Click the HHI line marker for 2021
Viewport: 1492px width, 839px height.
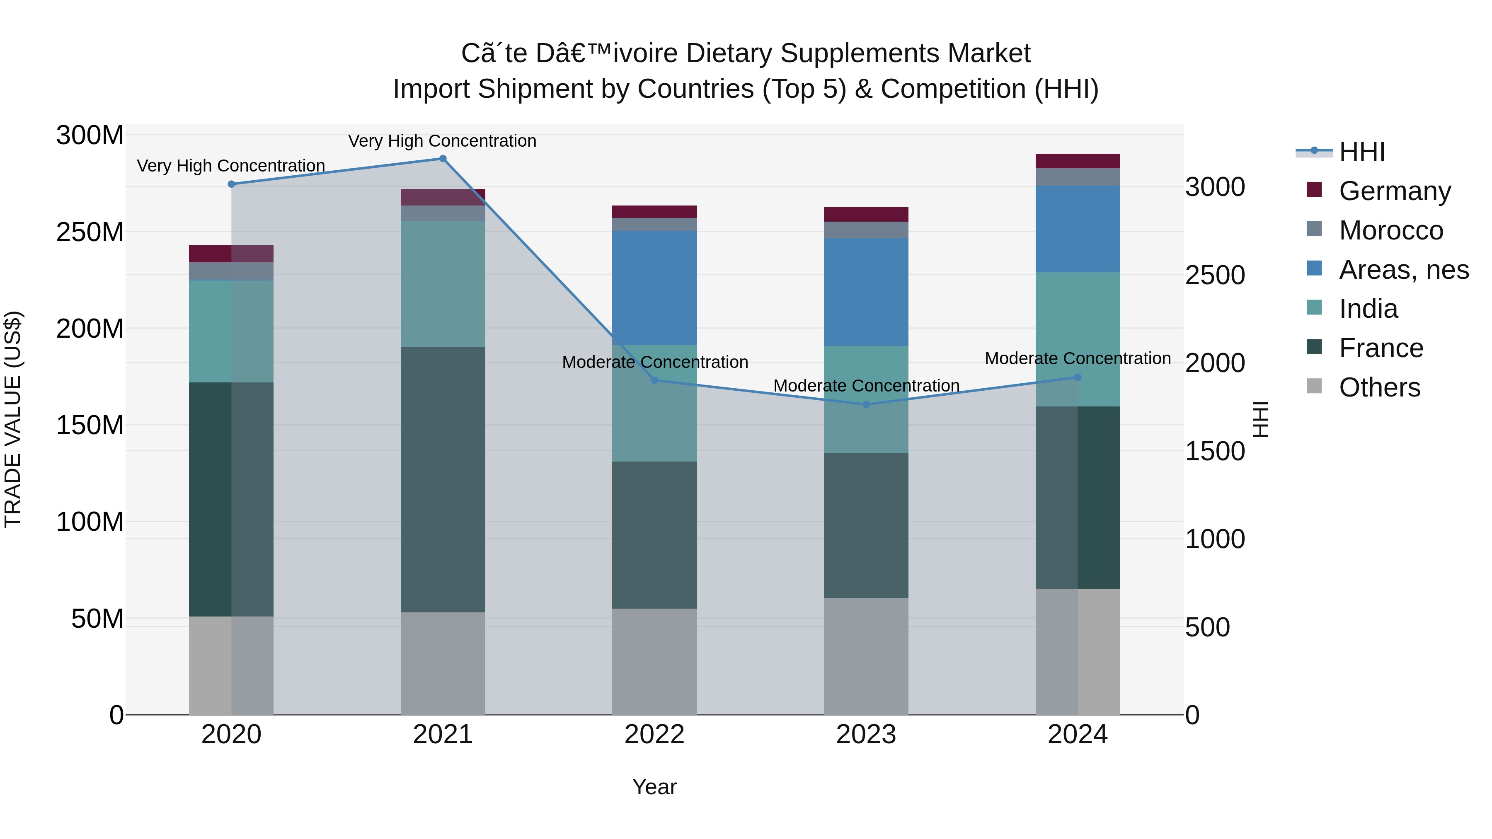pyautogui.click(x=443, y=159)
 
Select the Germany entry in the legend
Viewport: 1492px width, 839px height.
pyautogui.click(x=1394, y=191)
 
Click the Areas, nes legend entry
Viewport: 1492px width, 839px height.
pyautogui.click(x=1403, y=270)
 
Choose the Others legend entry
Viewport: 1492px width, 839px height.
pyautogui.click(x=1379, y=387)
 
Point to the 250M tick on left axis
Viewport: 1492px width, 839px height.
pyautogui.click(x=90, y=232)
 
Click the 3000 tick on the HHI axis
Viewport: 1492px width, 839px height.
pyautogui.click(x=1215, y=187)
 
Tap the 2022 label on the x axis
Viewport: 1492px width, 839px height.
pyautogui.click(x=654, y=735)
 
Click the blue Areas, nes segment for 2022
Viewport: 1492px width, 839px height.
pyautogui.click(x=654, y=288)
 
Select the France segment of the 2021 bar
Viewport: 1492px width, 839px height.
pyautogui.click(x=443, y=479)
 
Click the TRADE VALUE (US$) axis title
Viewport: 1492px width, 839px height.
pyautogui.click(x=13, y=420)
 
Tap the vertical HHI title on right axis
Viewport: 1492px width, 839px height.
pyautogui.click(x=1260, y=420)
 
